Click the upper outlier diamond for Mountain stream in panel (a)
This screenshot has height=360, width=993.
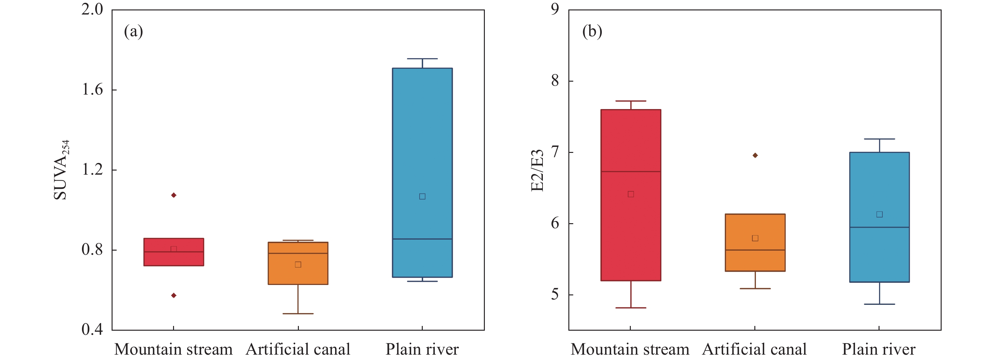pyautogui.click(x=173, y=195)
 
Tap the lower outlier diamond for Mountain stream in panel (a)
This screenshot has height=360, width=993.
pyautogui.click(x=173, y=296)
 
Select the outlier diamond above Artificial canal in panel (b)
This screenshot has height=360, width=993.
pyautogui.click(x=755, y=155)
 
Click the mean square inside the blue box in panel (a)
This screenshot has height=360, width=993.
pyautogui.click(x=422, y=197)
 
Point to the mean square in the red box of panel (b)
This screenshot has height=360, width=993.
pyautogui.click(x=631, y=194)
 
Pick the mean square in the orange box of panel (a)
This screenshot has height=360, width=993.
pyautogui.click(x=298, y=265)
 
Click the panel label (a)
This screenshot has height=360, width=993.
pyautogui.click(x=133, y=31)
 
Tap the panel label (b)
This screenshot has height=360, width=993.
pyautogui.click(x=592, y=31)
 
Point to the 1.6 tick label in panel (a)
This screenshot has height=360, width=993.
pyautogui.click(x=92, y=90)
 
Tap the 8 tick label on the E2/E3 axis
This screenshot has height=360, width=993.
pyautogui.click(x=555, y=81)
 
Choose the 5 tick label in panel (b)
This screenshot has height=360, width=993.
pyautogui.click(x=555, y=295)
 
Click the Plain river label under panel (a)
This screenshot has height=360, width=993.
pyautogui.click(x=422, y=350)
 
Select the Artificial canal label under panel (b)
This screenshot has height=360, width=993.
pyautogui.click(x=754, y=350)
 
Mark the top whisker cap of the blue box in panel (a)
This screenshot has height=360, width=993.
pyautogui.click(x=422, y=59)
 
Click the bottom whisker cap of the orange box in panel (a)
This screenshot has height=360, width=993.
pyautogui.click(x=298, y=314)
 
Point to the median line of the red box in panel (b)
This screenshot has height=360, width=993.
pyautogui.click(x=631, y=171)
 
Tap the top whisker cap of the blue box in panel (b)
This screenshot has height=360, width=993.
pyautogui.click(x=879, y=139)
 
